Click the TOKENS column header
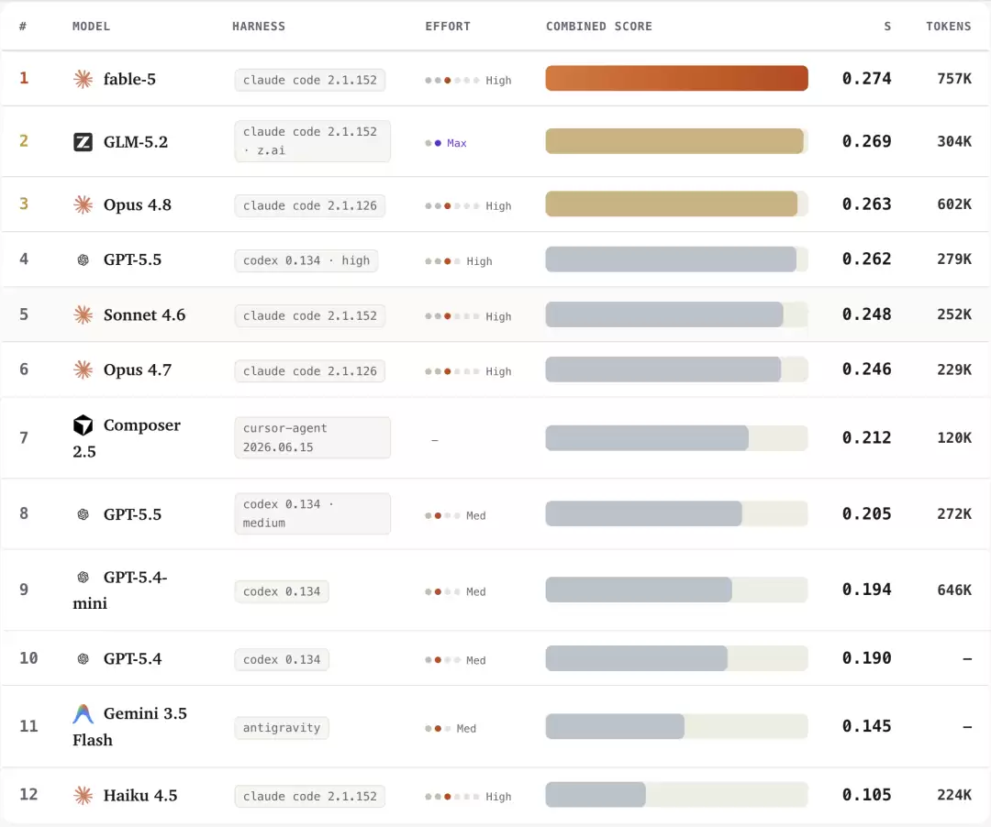pyautogui.click(x=948, y=27)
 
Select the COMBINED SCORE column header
pyautogui.click(x=598, y=27)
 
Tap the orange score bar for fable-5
pyautogui.click(x=676, y=78)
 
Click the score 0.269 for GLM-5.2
pyautogui.click(x=866, y=141)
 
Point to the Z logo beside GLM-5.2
pyautogui.click(x=83, y=142)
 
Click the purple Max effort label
pyautogui.click(x=456, y=143)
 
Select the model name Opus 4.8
pyautogui.click(x=137, y=205)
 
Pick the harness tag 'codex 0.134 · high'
pyautogui.click(x=306, y=260)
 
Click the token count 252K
pyautogui.click(x=953, y=314)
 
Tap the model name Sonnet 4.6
pyautogui.click(x=144, y=315)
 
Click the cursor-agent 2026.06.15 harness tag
pyautogui.click(x=312, y=437)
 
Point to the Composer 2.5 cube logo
pyautogui.click(x=83, y=425)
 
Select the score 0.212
pyautogui.click(x=866, y=437)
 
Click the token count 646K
pyautogui.click(x=953, y=590)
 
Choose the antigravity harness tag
pyautogui.click(x=282, y=728)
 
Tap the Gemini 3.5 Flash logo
pyautogui.click(x=83, y=714)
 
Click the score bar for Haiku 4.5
pyautogui.click(x=596, y=795)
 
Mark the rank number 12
pyautogui.click(x=28, y=794)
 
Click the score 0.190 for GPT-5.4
pyautogui.click(x=866, y=658)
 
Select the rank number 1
pyautogui.click(x=24, y=78)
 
